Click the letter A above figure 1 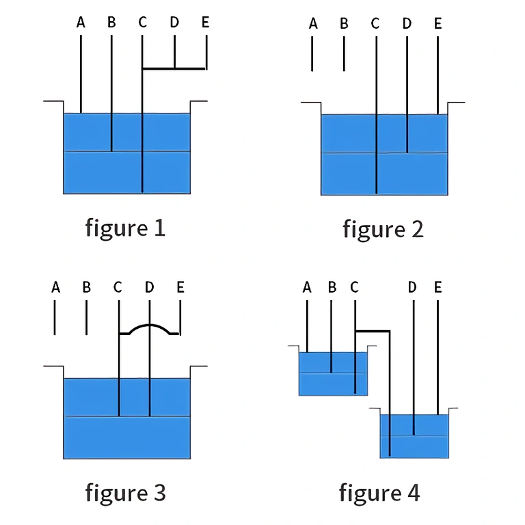coord(81,23)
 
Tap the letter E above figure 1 coord(205,23)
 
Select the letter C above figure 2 coord(375,24)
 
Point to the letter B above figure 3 coord(86,287)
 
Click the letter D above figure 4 coord(412,287)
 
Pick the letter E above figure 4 coord(437,287)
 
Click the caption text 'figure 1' coord(125,228)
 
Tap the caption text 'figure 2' coord(383,229)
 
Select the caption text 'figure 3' coord(125,492)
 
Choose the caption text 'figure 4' coord(379,492)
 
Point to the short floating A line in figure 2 coord(312,53)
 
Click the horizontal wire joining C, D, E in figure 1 coord(174,68)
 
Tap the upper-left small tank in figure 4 coord(333,374)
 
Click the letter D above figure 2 coord(407,24)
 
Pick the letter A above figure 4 coord(307,287)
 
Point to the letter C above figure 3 coord(118,287)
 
